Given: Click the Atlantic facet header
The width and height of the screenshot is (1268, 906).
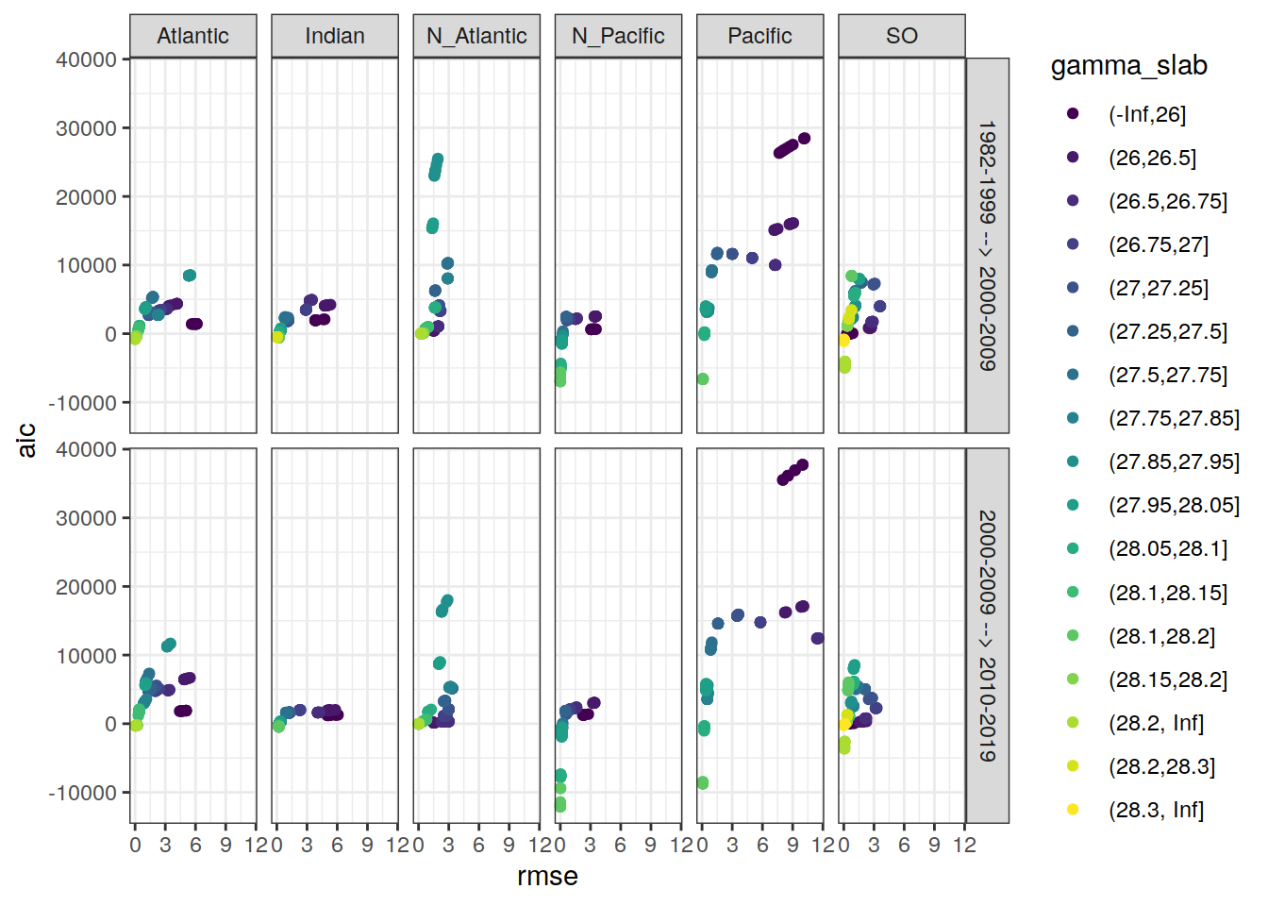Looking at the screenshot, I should click(x=192, y=36).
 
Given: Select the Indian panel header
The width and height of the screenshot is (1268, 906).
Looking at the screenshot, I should click(x=334, y=36).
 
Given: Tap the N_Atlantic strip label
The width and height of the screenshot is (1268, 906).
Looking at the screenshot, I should click(x=476, y=36).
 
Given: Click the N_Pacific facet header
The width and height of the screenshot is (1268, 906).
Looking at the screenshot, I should click(x=618, y=36).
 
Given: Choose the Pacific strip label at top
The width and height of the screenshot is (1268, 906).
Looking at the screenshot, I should click(x=759, y=36).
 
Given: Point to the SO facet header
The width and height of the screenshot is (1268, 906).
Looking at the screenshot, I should click(x=901, y=36).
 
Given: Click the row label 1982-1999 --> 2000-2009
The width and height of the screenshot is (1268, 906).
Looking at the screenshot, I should click(x=987, y=245).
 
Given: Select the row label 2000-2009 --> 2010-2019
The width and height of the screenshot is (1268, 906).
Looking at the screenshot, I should click(x=987, y=635).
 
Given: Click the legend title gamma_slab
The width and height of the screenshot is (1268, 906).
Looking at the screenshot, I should click(x=1128, y=65).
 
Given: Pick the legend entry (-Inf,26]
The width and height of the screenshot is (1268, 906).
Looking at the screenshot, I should click(x=1146, y=114).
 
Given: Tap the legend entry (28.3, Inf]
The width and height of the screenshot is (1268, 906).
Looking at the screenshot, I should click(x=1156, y=810).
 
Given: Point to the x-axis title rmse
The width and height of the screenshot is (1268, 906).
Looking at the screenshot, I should click(x=547, y=877).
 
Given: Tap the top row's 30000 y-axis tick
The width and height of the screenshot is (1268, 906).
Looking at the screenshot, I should click(x=86, y=128).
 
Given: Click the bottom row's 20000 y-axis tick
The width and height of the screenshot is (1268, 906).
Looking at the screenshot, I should click(x=86, y=587).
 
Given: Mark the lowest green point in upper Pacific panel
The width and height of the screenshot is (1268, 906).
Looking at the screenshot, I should click(x=703, y=379).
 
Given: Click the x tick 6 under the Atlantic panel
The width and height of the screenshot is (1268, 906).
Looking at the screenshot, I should click(x=195, y=846).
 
